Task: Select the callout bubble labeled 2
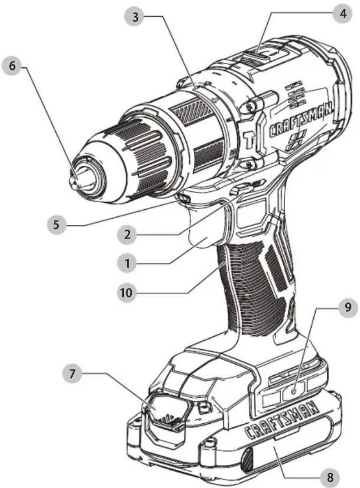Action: click(x=127, y=234)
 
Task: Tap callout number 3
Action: click(x=135, y=16)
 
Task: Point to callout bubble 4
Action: click(x=343, y=14)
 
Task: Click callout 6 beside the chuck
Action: click(x=12, y=66)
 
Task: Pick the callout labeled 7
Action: click(x=72, y=373)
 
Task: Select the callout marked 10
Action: click(x=126, y=293)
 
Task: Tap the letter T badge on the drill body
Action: click(x=249, y=140)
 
